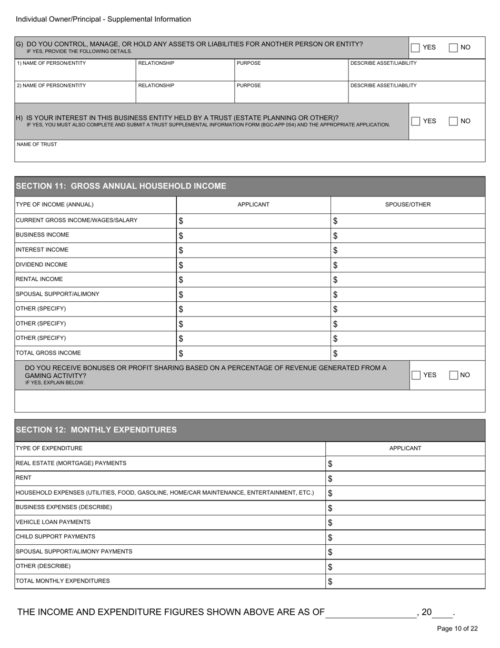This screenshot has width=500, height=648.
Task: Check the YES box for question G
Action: (x=415, y=47)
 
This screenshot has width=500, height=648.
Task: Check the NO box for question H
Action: (x=454, y=121)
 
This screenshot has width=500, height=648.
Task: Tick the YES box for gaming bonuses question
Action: (x=416, y=375)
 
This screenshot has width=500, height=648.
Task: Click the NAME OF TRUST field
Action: (x=249, y=153)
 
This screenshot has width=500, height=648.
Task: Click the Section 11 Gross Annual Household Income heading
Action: (x=121, y=186)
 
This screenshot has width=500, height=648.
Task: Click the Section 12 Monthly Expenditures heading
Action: (x=96, y=430)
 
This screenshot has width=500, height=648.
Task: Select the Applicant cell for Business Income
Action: (x=253, y=235)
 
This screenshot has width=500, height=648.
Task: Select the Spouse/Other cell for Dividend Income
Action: (x=408, y=265)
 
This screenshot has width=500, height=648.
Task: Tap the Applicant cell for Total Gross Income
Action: (x=253, y=354)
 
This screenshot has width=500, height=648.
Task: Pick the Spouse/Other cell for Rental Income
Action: (x=408, y=280)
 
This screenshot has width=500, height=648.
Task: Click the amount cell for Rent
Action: (x=405, y=478)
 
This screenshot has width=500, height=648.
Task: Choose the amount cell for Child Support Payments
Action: (x=405, y=537)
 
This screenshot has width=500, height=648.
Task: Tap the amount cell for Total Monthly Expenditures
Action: (x=405, y=582)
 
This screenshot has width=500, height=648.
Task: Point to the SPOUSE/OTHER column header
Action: (x=408, y=205)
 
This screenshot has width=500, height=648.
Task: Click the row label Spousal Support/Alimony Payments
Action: (x=74, y=552)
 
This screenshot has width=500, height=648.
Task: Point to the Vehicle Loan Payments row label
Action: (x=53, y=522)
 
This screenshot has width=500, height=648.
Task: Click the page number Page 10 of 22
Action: (x=457, y=629)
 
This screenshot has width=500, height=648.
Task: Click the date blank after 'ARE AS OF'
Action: (x=371, y=613)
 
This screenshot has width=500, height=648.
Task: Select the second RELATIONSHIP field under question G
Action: (x=185, y=93)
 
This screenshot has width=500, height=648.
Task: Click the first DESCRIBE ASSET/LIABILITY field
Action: (x=416, y=71)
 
